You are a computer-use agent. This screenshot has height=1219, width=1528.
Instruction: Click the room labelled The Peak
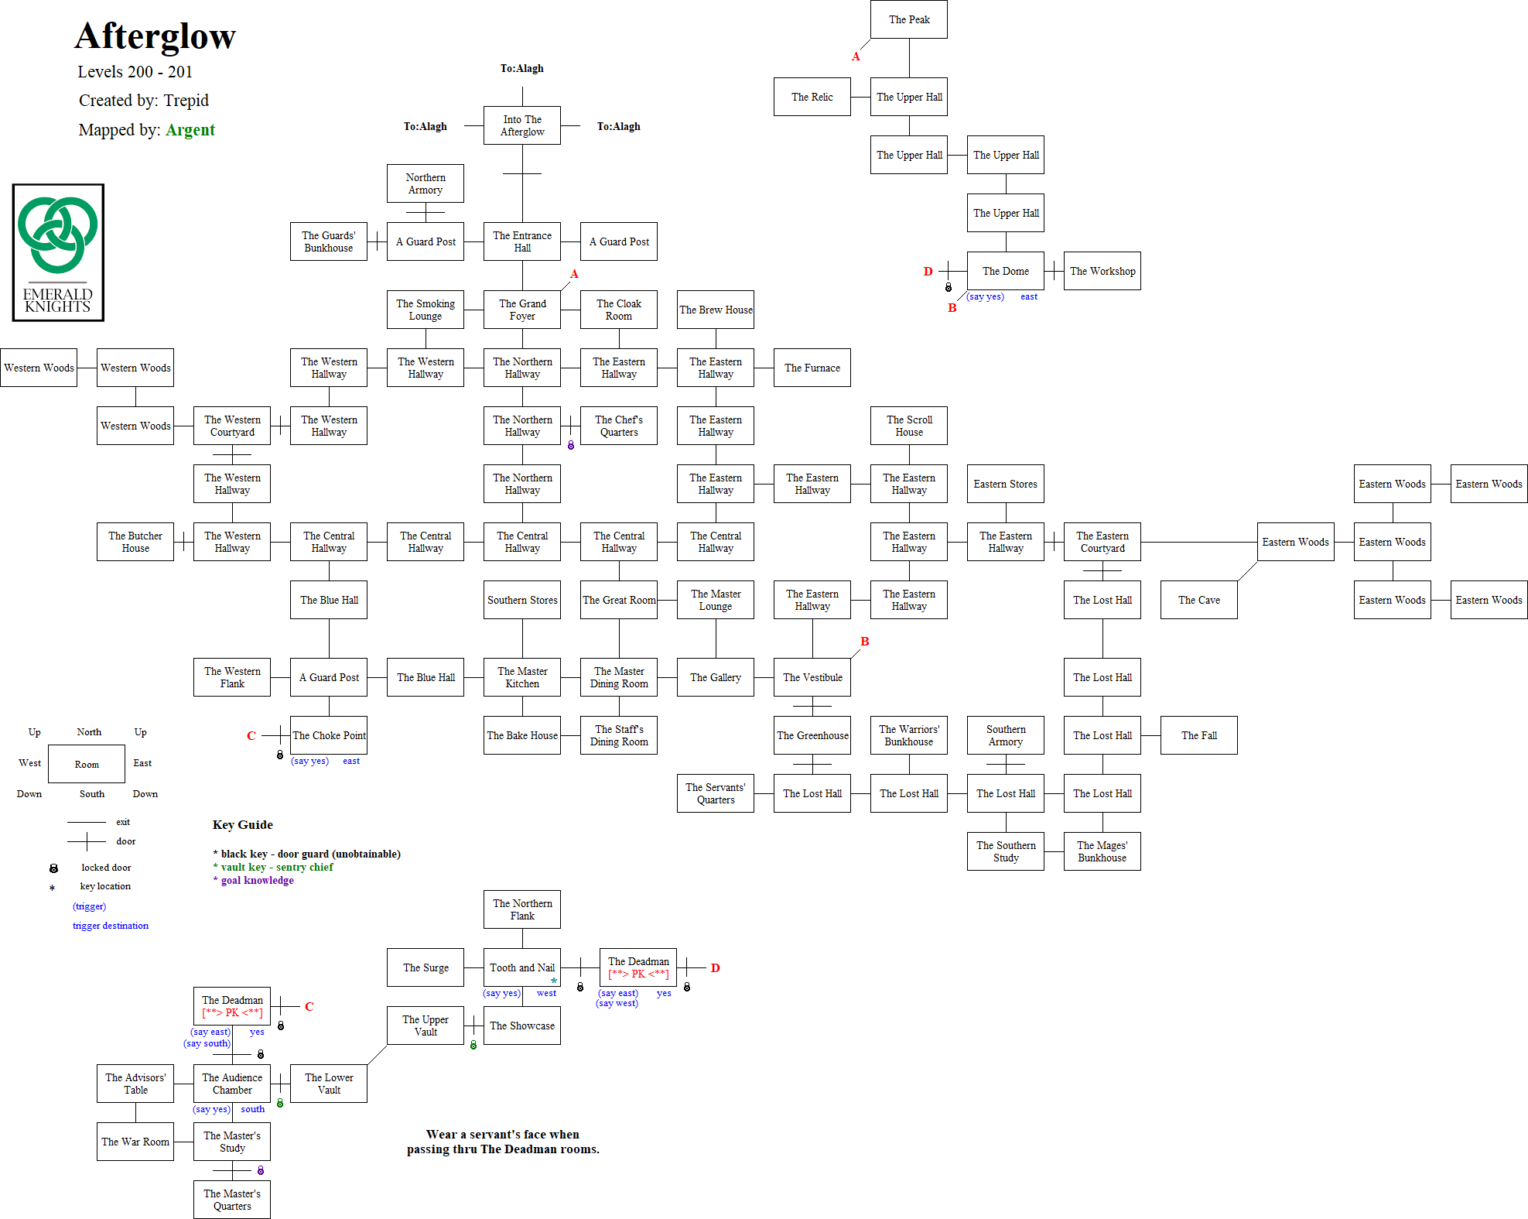coord(908,19)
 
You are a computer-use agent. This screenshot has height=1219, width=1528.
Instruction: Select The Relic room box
coord(812,97)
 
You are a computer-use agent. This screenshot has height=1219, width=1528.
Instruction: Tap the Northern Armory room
coord(425,183)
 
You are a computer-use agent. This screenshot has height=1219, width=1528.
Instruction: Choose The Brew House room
coord(715,310)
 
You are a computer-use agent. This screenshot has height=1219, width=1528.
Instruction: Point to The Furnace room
coord(812,368)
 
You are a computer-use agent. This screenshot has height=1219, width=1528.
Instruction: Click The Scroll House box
coord(908,426)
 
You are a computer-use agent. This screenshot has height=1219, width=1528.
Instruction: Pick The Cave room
coord(1198,600)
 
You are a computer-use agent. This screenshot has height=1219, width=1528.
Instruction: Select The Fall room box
coord(1198,735)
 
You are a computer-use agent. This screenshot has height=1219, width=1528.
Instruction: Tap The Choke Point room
coord(329,735)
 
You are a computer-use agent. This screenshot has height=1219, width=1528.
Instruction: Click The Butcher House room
coord(135,542)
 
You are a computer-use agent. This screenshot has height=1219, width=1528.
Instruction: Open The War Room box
coord(135,1142)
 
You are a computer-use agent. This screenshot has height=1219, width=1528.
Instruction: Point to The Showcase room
coord(521,1026)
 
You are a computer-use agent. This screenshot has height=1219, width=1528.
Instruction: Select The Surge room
coord(425,967)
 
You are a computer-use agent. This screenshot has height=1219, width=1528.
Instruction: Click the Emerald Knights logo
coord(58,252)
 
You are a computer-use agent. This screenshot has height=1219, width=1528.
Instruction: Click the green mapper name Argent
coord(190,130)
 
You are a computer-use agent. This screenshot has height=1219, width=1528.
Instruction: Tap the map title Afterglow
coord(155,36)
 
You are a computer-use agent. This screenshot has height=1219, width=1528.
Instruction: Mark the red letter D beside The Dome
coord(928,272)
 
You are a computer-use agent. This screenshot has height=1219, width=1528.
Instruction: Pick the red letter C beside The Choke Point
coord(251,736)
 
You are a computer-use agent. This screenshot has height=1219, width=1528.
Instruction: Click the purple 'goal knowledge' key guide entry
coord(257,880)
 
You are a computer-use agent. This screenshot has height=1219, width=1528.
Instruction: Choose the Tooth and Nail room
coord(521,967)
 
